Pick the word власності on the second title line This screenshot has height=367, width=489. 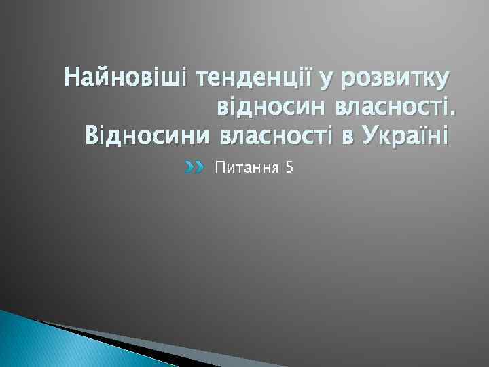(388, 107)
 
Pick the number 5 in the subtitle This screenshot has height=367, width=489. (290, 167)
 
